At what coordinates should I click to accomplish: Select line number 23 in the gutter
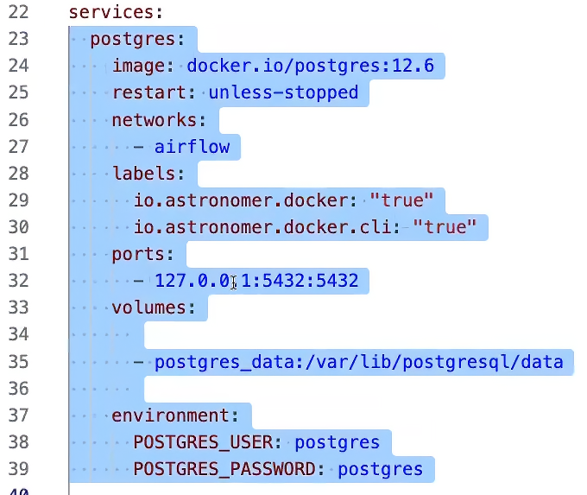18,39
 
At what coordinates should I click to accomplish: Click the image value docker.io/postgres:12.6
311,66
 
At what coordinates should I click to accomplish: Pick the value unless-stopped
283,92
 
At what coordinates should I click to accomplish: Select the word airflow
192,147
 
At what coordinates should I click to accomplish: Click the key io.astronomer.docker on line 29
240,200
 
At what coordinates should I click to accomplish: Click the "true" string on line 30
445,226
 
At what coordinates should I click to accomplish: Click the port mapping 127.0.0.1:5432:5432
256,281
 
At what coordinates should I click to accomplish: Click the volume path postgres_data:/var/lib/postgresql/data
358,362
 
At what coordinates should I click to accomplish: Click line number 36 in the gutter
18,389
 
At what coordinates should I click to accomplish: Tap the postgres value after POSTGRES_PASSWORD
381,470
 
